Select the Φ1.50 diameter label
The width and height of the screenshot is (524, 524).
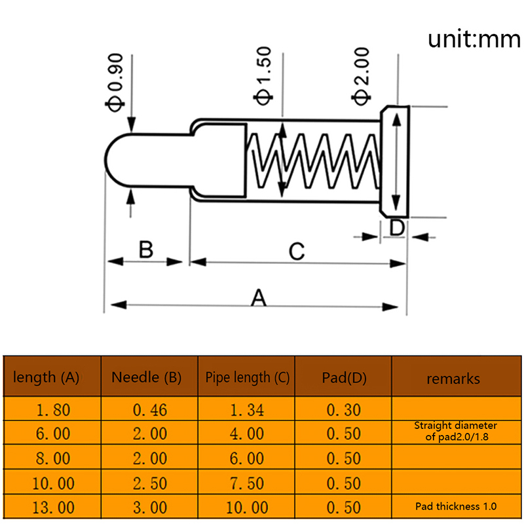pyautogui.click(x=263, y=77)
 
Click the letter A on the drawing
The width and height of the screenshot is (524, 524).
pyautogui.click(x=259, y=298)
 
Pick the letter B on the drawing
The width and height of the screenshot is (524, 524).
pyautogui.click(x=146, y=250)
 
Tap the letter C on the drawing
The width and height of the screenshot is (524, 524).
pyautogui.click(x=297, y=252)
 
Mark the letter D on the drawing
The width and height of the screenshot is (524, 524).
pyautogui.click(x=397, y=228)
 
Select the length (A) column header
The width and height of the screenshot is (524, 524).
pyautogui.click(x=46, y=377)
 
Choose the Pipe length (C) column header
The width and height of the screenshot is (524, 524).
pyautogui.click(x=247, y=377)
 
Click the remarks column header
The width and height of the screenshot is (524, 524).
pyautogui.click(x=453, y=379)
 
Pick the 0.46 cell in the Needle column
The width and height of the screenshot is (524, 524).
pyautogui.click(x=150, y=411)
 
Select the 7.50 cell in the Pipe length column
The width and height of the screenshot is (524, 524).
pyautogui.click(x=247, y=483)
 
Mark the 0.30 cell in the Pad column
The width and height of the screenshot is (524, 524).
pyautogui.click(x=343, y=411)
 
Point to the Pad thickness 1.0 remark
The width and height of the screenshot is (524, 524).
pyautogui.click(x=456, y=506)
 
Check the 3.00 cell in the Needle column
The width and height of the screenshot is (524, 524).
pyautogui.click(x=150, y=508)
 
